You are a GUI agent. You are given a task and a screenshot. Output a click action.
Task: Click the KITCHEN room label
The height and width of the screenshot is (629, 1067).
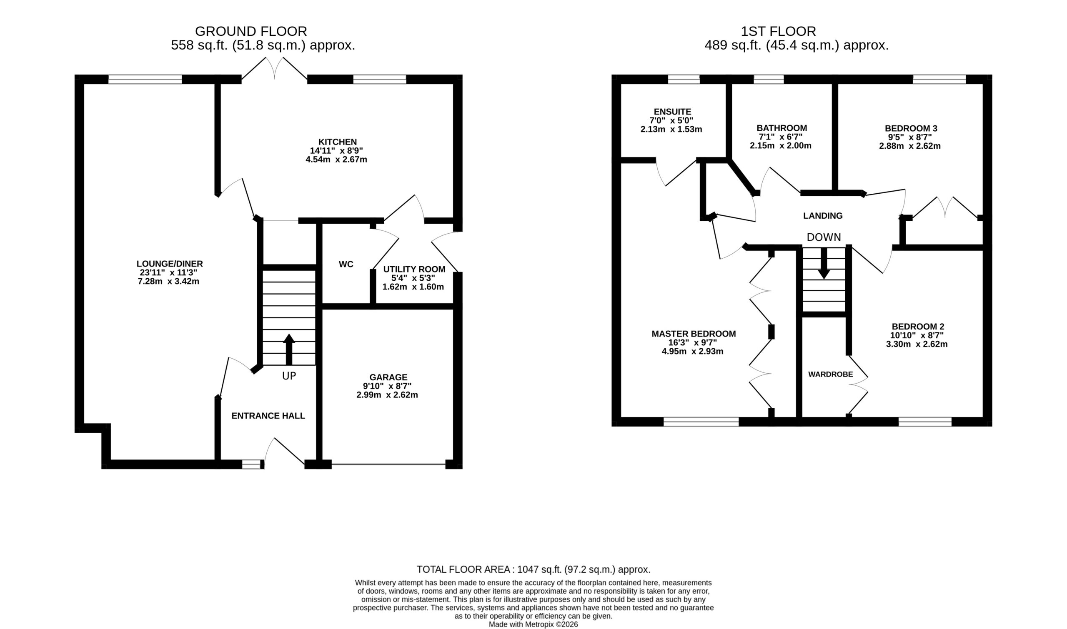tap(338, 142)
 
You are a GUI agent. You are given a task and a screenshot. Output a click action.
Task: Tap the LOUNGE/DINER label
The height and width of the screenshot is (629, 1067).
tap(170, 264)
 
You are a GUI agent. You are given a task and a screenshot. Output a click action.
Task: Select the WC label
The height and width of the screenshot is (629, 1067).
tap(346, 265)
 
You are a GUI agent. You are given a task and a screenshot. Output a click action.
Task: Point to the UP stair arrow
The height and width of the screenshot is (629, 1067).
tap(289, 349)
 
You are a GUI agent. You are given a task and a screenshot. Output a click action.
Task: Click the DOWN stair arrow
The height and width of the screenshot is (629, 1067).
tap(824, 263)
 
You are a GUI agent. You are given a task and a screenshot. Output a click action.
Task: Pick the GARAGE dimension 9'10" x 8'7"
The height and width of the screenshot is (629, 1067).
tap(387, 386)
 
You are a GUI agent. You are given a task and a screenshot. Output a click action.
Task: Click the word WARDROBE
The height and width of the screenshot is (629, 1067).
tap(830, 374)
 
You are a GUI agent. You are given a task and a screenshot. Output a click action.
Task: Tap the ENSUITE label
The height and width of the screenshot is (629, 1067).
tap(673, 112)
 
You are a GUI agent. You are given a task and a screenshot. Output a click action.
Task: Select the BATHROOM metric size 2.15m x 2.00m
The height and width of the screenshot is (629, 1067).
tap(781, 146)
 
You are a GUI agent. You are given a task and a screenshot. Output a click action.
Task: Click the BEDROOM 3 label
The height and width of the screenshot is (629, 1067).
tap(910, 128)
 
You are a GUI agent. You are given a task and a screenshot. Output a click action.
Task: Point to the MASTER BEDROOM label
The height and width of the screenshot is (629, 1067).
tap(694, 334)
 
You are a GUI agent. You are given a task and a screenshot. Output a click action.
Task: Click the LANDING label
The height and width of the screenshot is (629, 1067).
tap(823, 216)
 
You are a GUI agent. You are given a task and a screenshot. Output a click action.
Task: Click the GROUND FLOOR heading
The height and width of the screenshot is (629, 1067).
tap(251, 31)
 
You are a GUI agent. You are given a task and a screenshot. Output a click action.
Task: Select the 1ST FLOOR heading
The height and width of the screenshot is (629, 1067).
tap(778, 31)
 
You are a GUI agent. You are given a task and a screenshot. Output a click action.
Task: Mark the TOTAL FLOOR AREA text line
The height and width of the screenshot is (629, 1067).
tap(533, 570)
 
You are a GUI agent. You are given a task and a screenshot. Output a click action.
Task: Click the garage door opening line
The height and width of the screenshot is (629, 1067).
tap(388, 464)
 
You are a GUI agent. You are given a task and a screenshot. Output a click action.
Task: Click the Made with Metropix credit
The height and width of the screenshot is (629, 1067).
tap(533, 624)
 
